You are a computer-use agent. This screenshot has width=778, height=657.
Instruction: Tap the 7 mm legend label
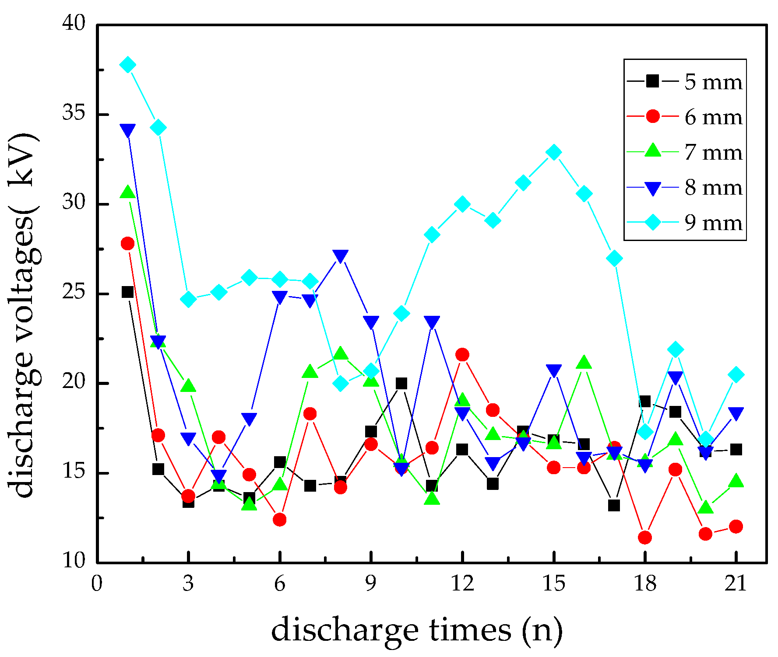pyautogui.click(x=713, y=152)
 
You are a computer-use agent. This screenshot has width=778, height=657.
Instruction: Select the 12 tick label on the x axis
pyautogui.click(x=462, y=584)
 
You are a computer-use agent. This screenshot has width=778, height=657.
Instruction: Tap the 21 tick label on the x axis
pyautogui.click(x=736, y=584)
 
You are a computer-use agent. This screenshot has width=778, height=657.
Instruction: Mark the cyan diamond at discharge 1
pyautogui.click(x=128, y=65)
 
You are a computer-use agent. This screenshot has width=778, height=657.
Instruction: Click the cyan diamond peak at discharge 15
pyautogui.click(x=554, y=152)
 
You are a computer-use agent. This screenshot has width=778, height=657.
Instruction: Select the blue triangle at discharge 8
pyautogui.click(x=341, y=256)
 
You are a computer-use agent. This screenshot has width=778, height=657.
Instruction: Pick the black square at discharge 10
pyautogui.click(x=401, y=384)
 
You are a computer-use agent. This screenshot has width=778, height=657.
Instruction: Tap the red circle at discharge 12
pyautogui.click(x=462, y=355)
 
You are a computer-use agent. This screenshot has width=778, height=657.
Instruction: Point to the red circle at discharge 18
pyautogui.click(x=644, y=537)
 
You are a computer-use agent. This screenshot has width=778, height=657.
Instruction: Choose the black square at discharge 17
pyautogui.click(x=614, y=505)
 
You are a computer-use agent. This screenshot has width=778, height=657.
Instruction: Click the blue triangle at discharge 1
pyautogui.click(x=128, y=130)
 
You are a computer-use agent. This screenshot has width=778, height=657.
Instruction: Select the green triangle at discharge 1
pyautogui.click(x=128, y=192)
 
